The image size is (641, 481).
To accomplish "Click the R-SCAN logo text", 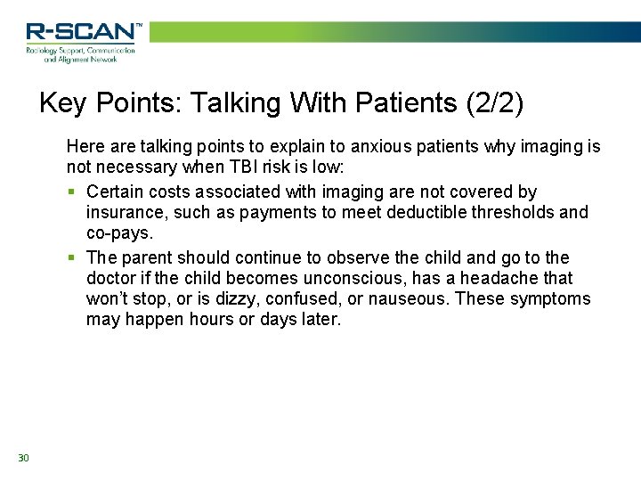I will click(83, 33).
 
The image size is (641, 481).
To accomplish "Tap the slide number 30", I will click(23, 458).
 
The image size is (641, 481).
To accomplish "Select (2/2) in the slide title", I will click(494, 104).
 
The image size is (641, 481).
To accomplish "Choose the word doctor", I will click(113, 278).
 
